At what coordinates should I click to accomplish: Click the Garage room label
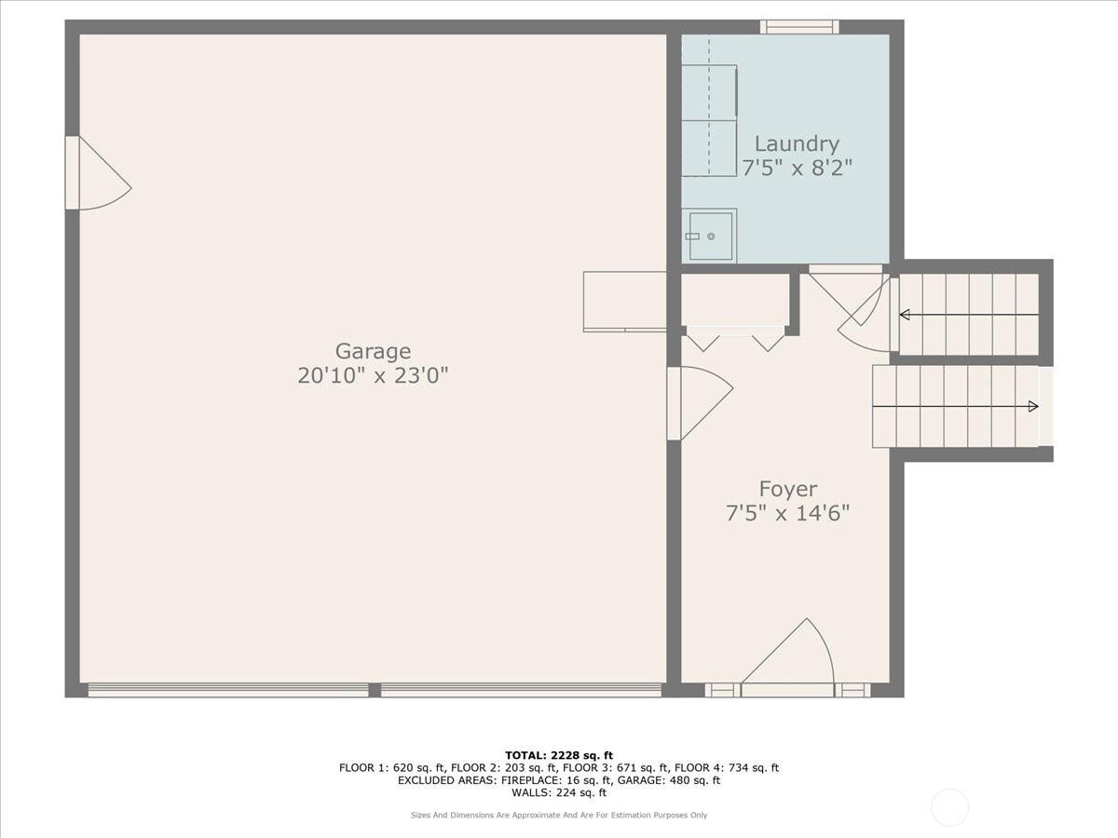pos(373,351)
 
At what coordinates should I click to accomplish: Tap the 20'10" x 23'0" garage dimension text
pos(373,376)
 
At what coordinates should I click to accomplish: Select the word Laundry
pos(797,143)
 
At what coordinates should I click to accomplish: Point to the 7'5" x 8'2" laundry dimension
pos(797,168)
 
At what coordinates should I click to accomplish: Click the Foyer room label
pos(787,489)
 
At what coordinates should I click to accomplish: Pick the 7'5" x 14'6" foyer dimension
pos(787,513)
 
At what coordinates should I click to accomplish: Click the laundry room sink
pos(710,236)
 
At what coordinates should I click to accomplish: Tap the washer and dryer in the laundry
pos(709,120)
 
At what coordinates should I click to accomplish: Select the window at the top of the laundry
pos(798,27)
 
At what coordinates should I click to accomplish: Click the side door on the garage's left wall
pos(93,174)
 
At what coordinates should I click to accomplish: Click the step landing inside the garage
pos(624,301)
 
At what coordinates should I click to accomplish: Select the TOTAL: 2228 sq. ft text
pos(559,755)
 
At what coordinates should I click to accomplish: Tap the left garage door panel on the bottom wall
pos(228,690)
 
